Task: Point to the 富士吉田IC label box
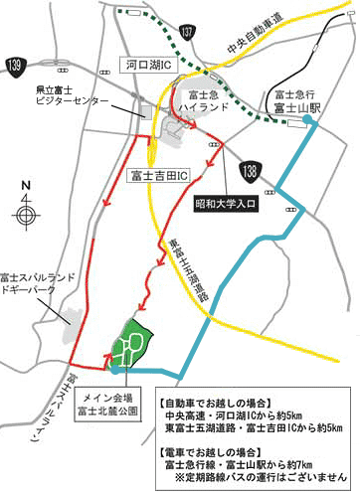(x=159, y=175)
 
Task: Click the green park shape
(x=126, y=345)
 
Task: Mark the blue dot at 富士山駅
(x=308, y=121)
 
